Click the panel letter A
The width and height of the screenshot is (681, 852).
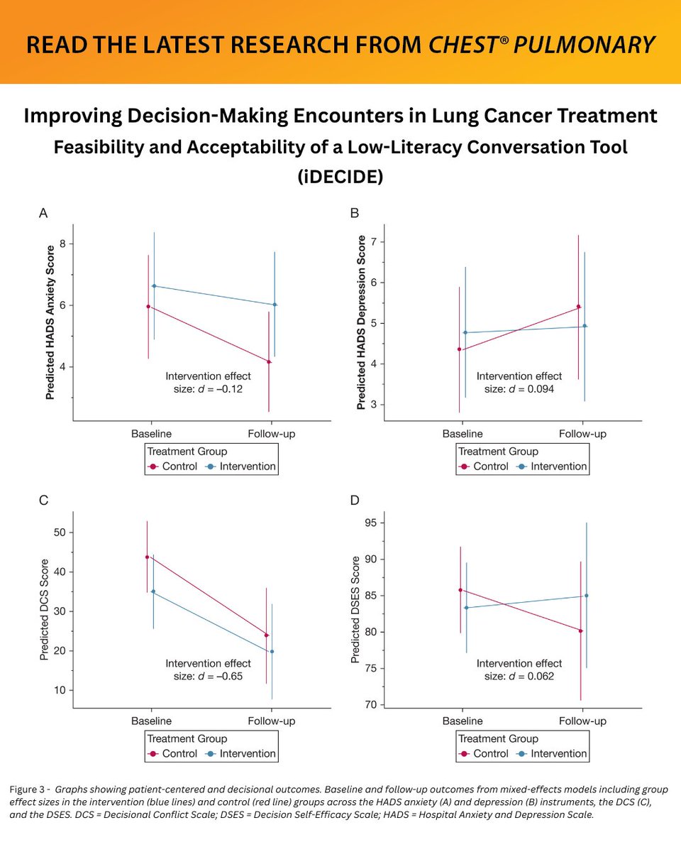coord(44,213)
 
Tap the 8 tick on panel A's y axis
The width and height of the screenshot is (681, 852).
coord(63,244)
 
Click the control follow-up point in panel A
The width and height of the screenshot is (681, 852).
coord(269,361)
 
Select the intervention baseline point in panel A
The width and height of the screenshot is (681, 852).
coord(154,286)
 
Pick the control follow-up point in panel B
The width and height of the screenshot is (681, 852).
coord(579,307)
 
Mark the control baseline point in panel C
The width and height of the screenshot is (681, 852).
coord(147,557)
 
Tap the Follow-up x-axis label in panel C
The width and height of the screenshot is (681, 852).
coord(271,721)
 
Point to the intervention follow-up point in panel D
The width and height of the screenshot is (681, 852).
coord(587,595)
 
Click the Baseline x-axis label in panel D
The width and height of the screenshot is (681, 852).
coord(462,721)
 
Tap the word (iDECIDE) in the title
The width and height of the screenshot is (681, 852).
coord(340,176)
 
